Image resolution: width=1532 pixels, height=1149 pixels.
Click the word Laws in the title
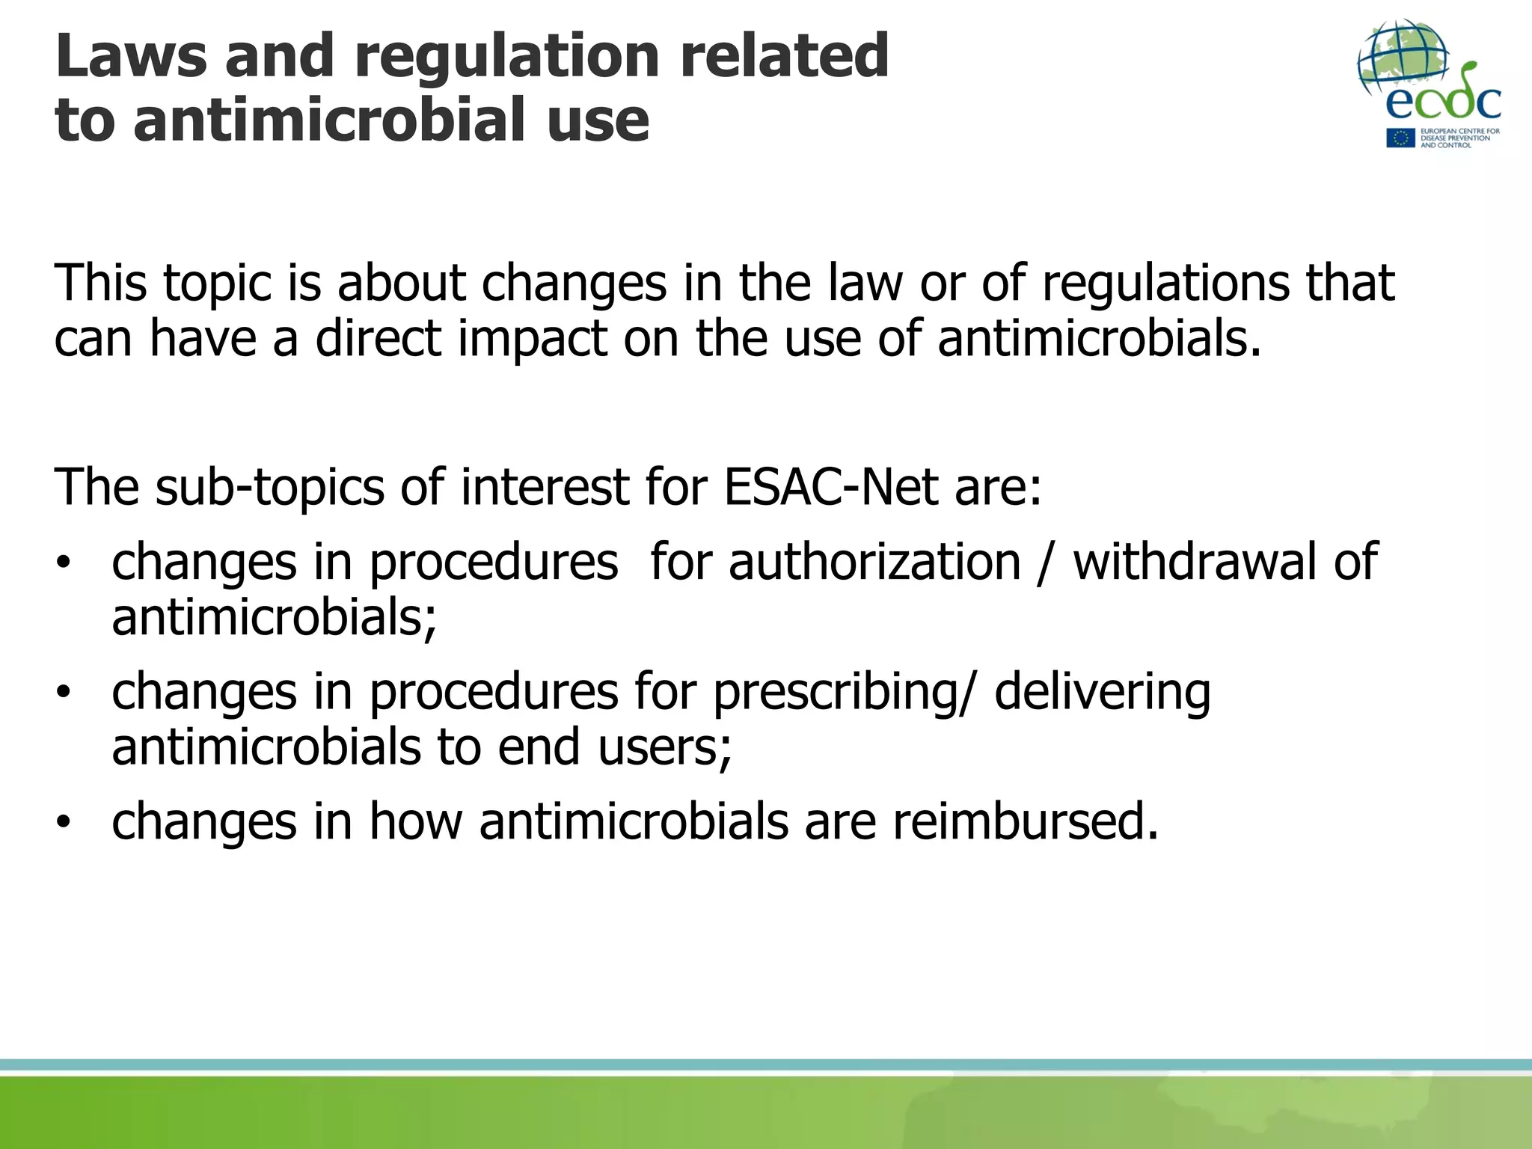pyautogui.click(x=130, y=56)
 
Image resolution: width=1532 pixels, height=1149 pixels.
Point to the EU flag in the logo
pyautogui.click(x=1400, y=138)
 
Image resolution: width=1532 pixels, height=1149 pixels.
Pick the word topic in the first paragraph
pyautogui.click(x=217, y=284)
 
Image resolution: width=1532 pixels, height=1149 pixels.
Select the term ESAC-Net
pyautogui.click(x=830, y=487)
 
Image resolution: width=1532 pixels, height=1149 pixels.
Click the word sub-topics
pyautogui.click(x=270, y=488)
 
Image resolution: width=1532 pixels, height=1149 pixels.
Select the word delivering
pyautogui.click(x=1102, y=693)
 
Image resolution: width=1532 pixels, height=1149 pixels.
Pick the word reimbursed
pyautogui.click(x=1025, y=821)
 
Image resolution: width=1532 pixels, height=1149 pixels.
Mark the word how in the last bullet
pyautogui.click(x=416, y=821)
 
